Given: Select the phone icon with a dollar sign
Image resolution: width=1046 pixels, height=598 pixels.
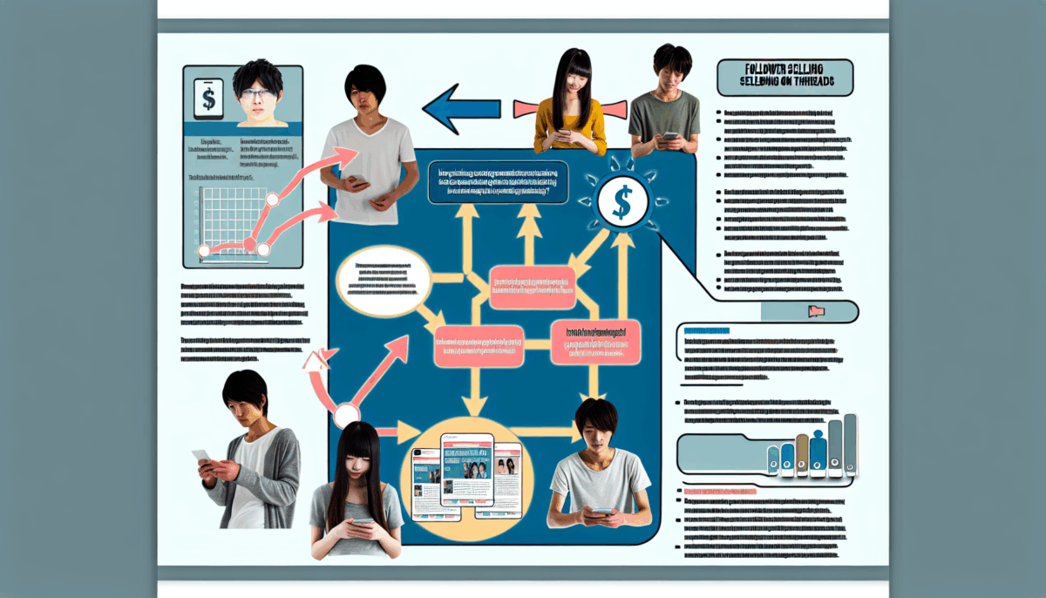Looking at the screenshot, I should point(208,99).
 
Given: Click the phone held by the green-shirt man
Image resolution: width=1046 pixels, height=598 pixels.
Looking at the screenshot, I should point(670,137).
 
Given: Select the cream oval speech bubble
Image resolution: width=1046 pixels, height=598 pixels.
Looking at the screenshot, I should point(381,280).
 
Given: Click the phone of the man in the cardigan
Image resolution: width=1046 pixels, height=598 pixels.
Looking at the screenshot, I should point(202,457).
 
